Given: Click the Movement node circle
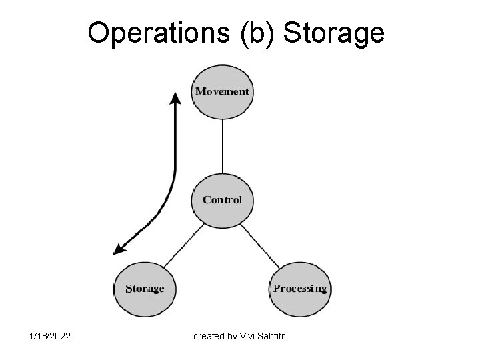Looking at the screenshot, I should point(222,91).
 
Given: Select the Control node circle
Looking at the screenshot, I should point(222,199).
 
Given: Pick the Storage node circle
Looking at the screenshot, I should point(145,288).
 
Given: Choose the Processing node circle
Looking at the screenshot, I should point(300,288).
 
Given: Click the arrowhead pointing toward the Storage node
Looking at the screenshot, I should point(119,249).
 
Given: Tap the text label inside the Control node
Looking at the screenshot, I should point(222,199).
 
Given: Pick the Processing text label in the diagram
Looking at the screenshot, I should point(300,289).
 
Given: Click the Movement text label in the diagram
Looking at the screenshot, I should point(222,91).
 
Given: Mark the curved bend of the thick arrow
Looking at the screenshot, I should point(169,193).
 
